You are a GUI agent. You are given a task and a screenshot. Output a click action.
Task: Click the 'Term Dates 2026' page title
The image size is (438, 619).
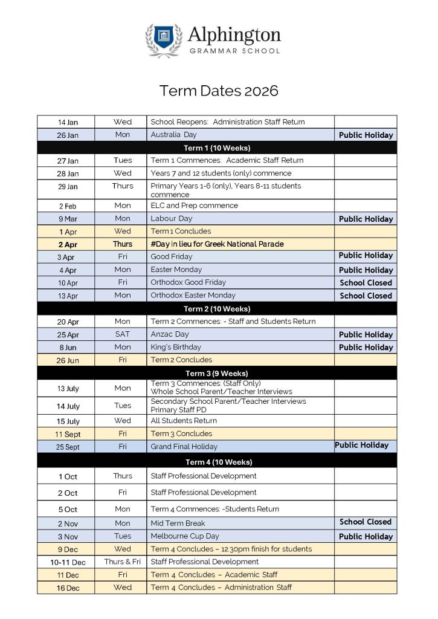coord(219,91)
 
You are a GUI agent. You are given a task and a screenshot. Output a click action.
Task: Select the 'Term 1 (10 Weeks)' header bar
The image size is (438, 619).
coord(217,147)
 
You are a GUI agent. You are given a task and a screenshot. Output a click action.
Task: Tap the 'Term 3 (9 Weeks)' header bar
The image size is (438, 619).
coord(217,373)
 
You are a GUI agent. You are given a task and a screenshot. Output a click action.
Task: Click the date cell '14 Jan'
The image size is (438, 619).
coord(68,122)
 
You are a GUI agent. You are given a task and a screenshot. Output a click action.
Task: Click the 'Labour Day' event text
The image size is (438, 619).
coord(172,219)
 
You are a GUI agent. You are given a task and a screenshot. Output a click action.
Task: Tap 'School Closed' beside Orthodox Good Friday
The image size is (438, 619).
coord(366,282)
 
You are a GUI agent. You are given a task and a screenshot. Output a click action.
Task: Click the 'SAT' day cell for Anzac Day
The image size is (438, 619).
coord(122,334)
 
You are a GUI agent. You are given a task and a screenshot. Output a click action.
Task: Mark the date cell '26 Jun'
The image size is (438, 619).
coord(68,360)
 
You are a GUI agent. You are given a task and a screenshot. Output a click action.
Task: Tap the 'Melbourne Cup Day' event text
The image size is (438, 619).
coord(185,536)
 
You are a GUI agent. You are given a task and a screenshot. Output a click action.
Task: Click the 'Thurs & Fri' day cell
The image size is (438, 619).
coord(122,562)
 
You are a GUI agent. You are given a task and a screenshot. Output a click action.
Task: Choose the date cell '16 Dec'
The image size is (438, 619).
coord(68,588)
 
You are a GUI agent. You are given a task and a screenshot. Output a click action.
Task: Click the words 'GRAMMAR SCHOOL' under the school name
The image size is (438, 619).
coord(234,51)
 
